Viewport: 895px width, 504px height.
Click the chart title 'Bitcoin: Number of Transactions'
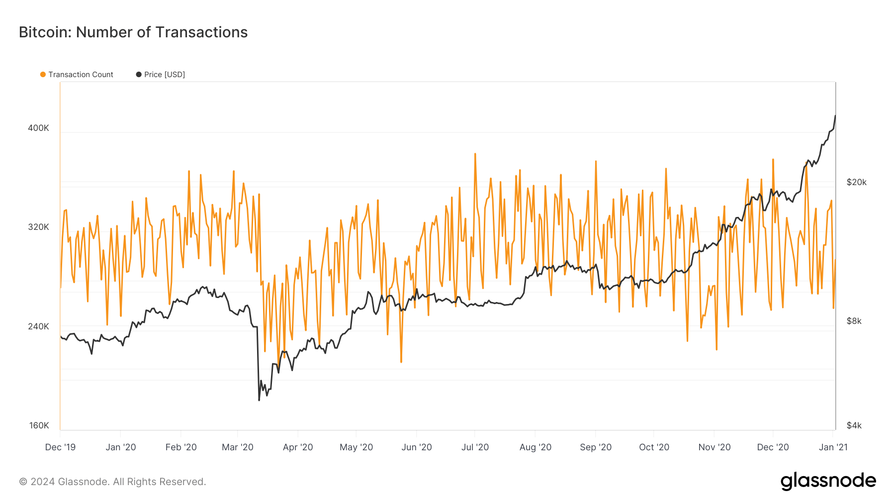133,32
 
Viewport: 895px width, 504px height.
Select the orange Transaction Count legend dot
43,75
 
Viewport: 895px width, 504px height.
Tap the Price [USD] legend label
164,75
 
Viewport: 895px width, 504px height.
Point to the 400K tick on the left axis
38,128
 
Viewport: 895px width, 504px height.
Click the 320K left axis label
38,227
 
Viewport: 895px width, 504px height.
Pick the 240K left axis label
38,326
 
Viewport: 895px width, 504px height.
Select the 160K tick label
39,425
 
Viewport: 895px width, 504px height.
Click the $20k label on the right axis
856,182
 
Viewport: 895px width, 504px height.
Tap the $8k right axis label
854,321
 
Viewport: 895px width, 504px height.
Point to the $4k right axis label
854,425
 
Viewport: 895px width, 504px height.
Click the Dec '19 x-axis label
60,447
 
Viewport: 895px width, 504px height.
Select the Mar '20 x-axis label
238,447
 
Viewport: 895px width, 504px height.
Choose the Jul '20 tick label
475,447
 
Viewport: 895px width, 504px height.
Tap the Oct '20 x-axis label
654,447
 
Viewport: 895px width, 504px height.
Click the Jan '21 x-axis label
833,447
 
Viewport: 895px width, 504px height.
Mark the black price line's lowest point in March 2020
259,400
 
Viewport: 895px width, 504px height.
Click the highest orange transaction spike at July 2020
475,154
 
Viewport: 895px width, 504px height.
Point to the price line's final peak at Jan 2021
835,115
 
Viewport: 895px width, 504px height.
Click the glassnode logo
828,481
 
